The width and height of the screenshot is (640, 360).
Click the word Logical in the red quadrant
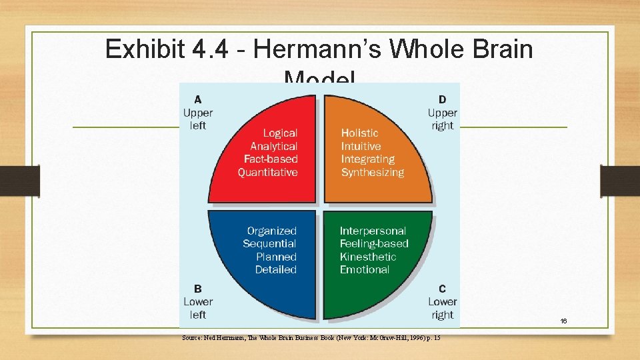point(280,133)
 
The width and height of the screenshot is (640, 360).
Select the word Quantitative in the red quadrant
point(268,172)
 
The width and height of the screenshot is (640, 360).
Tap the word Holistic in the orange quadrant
point(359,133)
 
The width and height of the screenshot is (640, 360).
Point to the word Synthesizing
point(373,172)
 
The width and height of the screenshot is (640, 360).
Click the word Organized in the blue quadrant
point(272,231)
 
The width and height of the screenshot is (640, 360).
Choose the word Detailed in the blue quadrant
point(276,269)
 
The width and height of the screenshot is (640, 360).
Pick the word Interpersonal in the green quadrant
point(373,231)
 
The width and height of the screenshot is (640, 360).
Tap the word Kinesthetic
point(368,257)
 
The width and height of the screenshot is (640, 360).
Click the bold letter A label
point(198,99)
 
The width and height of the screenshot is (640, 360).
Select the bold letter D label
point(443,99)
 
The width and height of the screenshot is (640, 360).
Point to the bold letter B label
point(198,289)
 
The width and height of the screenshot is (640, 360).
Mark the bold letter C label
point(443,289)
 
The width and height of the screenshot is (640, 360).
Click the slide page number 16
point(563,321)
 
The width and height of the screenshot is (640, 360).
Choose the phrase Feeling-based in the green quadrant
point(374,243)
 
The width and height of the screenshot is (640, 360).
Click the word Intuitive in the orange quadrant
point(361,146)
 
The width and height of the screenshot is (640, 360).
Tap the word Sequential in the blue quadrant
point(269,243)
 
